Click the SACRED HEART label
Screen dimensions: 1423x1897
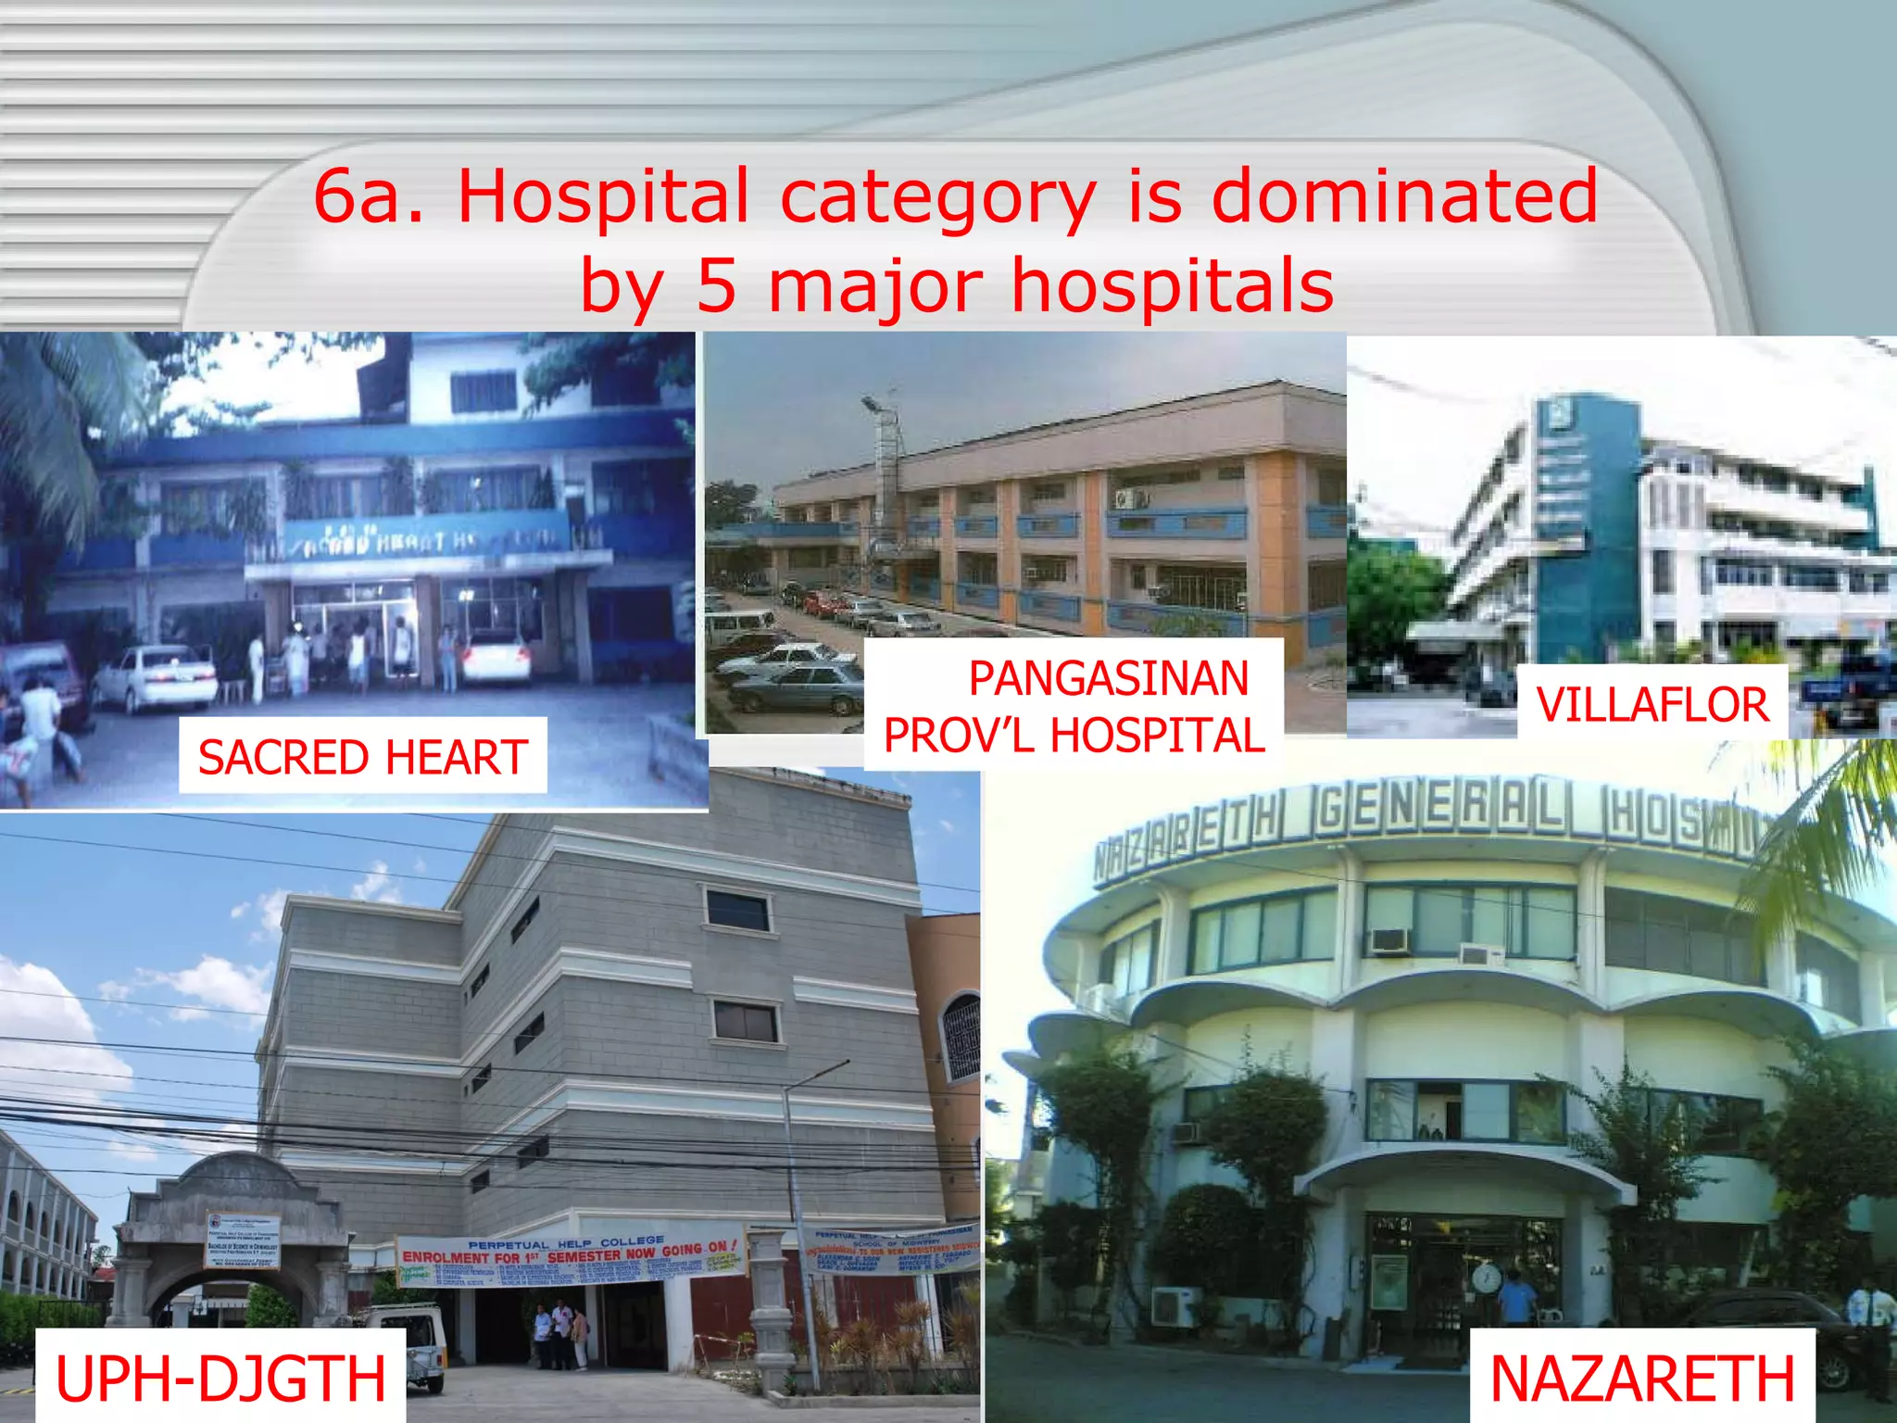pos(362,756)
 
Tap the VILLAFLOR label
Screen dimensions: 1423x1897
pos(1652,704)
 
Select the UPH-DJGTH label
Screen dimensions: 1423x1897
pos(220,1379)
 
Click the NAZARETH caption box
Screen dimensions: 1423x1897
pos(1641,1379)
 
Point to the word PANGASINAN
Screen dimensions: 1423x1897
pos(1109,678)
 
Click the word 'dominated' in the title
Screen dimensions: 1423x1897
pos(1404,196)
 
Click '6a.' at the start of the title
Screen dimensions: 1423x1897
pos(368,196)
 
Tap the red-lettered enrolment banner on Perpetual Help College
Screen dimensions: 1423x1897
pos(570,1256)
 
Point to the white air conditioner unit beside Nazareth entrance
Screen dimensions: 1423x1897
pos(1175,1307)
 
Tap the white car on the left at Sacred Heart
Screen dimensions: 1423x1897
pos(154,678)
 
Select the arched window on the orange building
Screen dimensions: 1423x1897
pos(960,1038)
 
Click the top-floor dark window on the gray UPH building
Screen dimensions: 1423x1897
pos(737,909)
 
